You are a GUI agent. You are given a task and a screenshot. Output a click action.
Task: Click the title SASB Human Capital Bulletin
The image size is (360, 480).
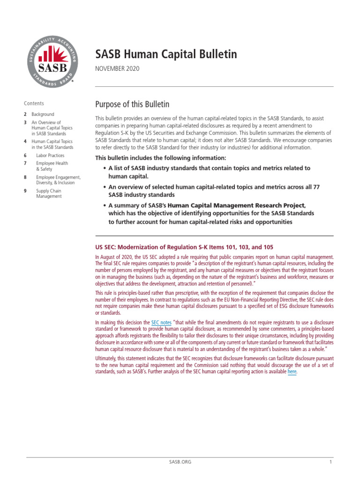click(166, 54)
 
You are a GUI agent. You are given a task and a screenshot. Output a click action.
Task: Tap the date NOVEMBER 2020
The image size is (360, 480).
click(117, 69)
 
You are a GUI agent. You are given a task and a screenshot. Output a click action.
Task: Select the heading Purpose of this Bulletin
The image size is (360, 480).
click(132, 104)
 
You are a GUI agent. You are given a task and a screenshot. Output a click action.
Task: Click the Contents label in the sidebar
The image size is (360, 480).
click(34, 104)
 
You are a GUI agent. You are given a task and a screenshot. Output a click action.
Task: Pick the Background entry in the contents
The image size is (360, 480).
click(43, 114)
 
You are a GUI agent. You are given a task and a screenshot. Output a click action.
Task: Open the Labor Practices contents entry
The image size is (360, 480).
click(50, 155)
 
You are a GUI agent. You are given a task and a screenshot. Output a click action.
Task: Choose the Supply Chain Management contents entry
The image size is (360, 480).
click(49, 194)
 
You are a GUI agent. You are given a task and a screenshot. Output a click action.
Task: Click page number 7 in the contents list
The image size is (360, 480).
click(25, 163)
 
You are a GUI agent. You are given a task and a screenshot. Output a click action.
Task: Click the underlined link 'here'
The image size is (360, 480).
click(292, 372)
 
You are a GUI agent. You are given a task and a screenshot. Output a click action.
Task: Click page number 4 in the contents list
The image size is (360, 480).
click(25, 141)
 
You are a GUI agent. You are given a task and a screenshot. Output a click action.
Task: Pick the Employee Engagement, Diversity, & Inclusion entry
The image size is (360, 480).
click(58, 180)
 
